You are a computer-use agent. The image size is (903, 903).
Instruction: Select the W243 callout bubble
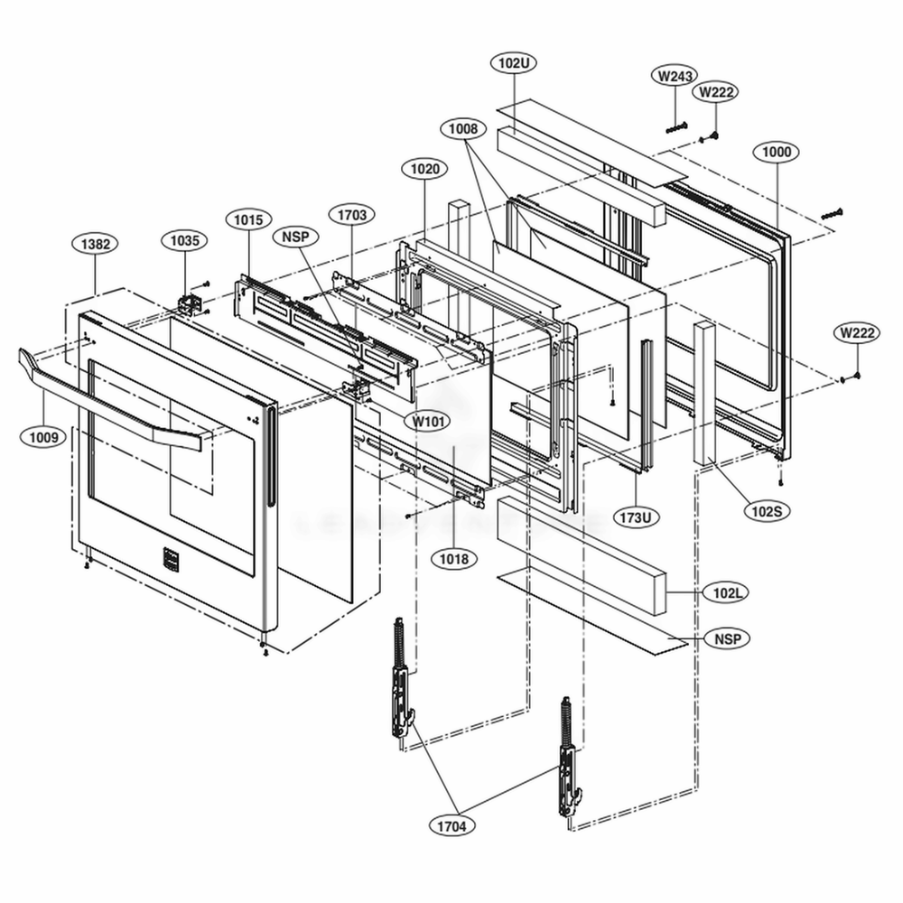(x=674, y=77)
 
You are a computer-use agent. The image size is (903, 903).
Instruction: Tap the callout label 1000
(x=777, y=152)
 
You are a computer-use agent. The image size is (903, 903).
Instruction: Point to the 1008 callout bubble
(x=461, y=130)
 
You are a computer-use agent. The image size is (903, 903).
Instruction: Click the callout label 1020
(x=424, y=169)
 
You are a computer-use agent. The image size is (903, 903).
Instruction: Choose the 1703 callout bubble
(x=351, y=215)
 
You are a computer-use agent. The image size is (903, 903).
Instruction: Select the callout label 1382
(x=95, y=245)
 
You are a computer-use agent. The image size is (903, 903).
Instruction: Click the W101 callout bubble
(x=431, y=422)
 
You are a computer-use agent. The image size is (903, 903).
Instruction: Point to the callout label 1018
(x=454, y=560)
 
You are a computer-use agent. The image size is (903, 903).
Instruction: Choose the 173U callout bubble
(x=635, y=517)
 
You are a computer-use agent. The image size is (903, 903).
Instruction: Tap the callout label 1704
(x=454, y=824)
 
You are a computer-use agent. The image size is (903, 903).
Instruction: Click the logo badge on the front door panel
(x=165, y=559)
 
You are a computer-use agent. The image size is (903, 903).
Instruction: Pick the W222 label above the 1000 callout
(x=714, y=91)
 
